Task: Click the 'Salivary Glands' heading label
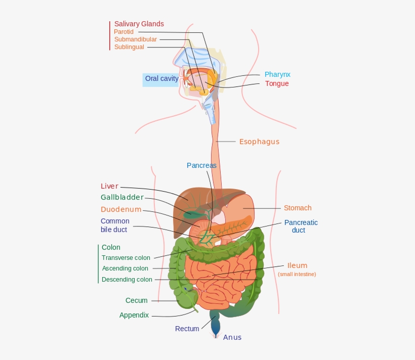(x=139, y=24)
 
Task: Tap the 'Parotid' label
(x=123, y=32)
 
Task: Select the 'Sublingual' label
(x=129, y=47)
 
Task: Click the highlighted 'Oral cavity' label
(x=161, y=78)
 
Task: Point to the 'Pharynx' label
(x=277, y=75)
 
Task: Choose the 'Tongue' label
(x=277, y=83)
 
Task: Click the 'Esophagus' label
(x=259, y=142)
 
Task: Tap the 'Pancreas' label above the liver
(x=201, y=165)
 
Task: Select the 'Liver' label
(x=109, y=186)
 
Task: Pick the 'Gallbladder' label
(x=122, y=197)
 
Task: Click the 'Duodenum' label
(x=121, y=209)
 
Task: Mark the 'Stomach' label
(x=298, y=208)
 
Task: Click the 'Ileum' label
(x=297, y=265)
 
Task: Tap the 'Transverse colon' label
(x=126, y=258)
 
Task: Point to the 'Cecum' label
(x=137, y=300)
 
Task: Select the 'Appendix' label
(x=134, y=315)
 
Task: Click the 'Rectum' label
(x=187, y=329)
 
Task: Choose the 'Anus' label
(x=232, y=337)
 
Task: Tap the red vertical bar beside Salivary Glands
(x=110, y=35)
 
